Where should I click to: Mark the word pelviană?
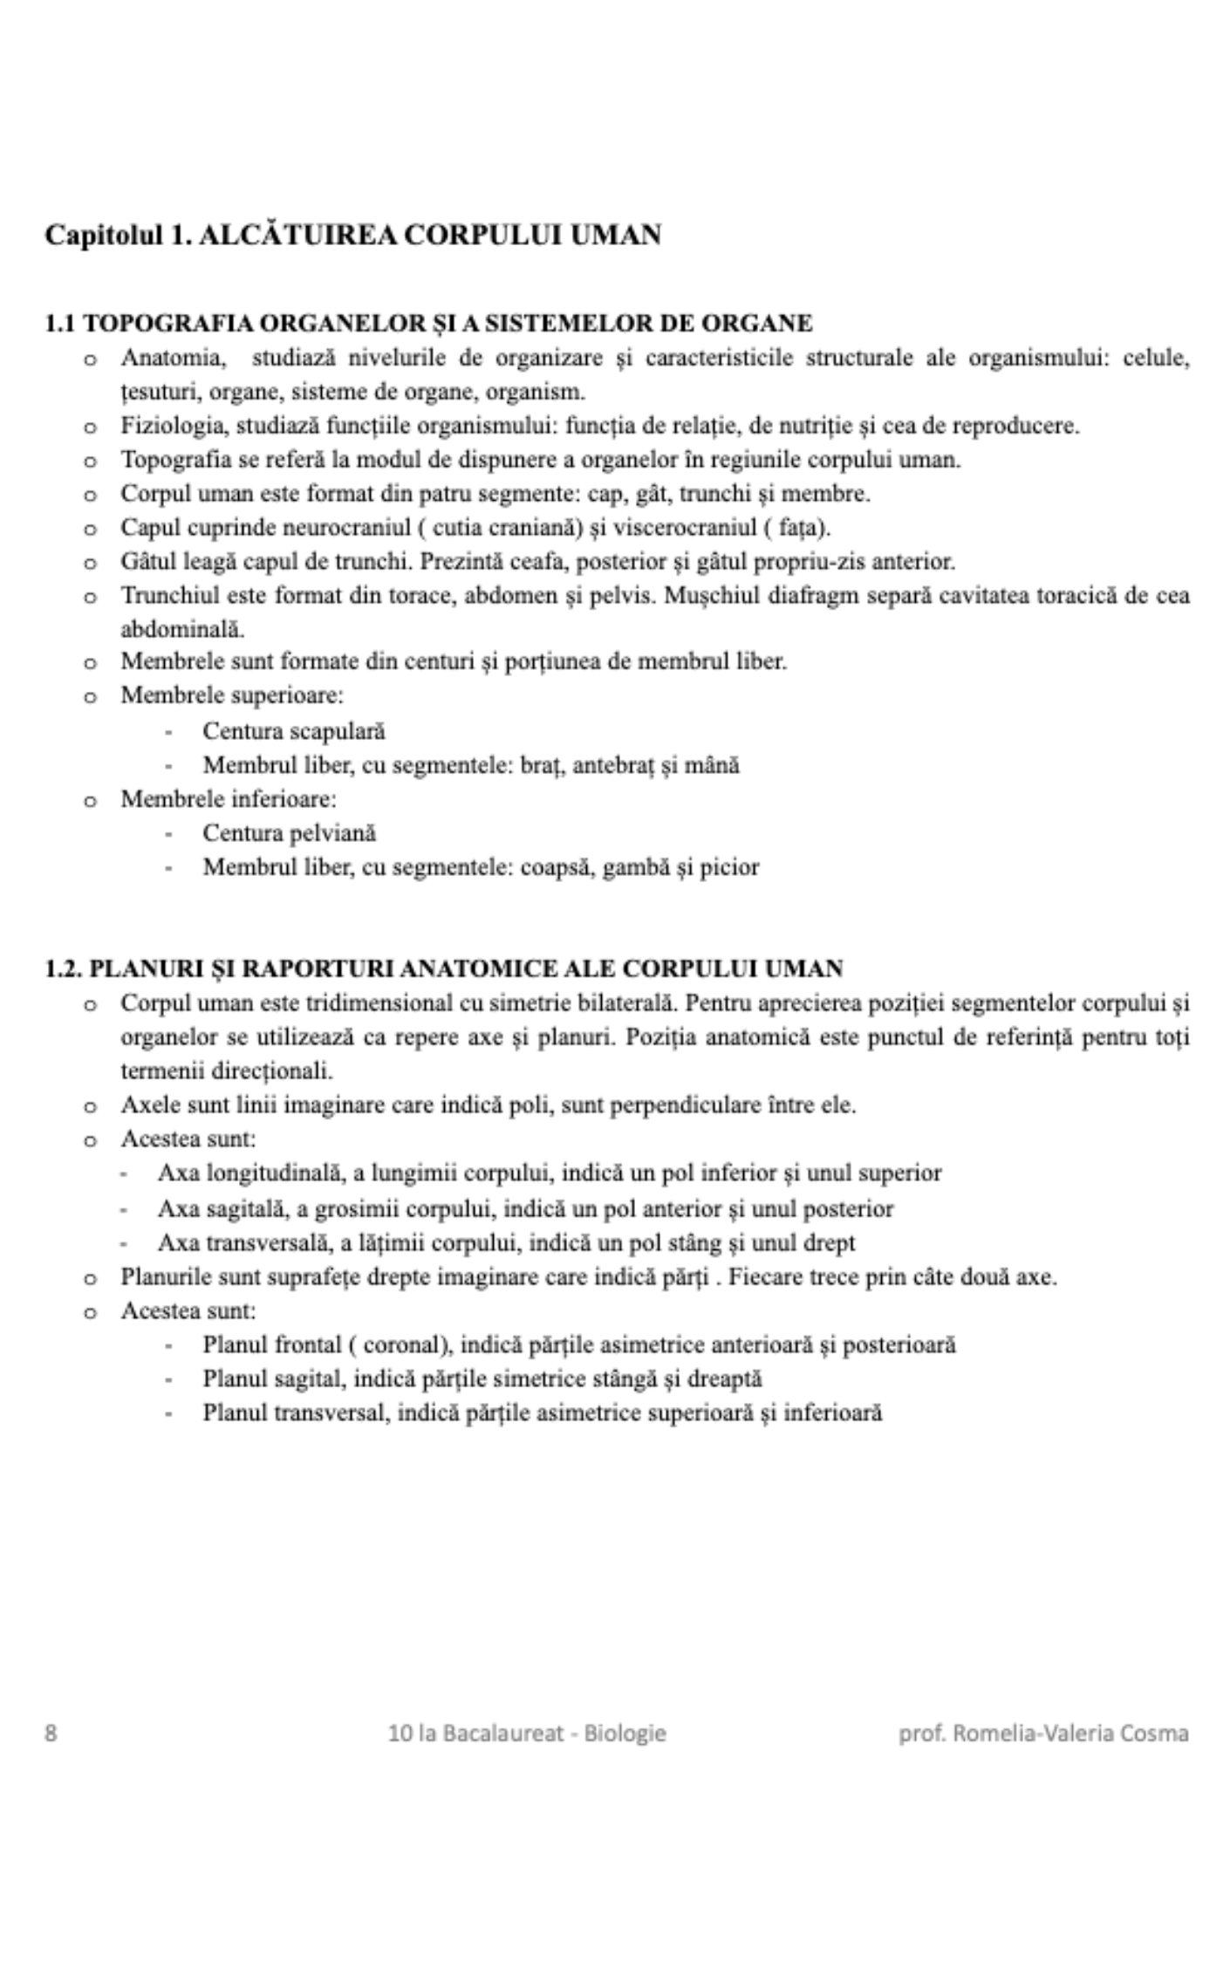[x=332, y=833]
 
